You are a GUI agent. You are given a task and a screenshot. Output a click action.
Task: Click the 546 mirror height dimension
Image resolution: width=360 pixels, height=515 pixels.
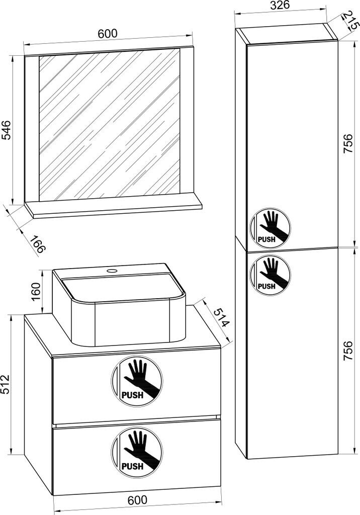pyautogui.click(x=7, y=130)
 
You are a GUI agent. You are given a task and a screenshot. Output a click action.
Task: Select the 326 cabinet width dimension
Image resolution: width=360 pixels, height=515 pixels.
pyautogui.click(x=280, y=5)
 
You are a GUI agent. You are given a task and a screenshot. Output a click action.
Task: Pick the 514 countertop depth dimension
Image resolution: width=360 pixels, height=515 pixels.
pyautogui.click(x=220, y=318)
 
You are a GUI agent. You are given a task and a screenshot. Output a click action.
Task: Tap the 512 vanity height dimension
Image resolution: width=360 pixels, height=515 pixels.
pyautogui.click(x=6, y=384)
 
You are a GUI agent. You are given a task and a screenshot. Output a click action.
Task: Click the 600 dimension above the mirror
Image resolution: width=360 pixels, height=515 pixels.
pyautogui.click(x=108, y=33)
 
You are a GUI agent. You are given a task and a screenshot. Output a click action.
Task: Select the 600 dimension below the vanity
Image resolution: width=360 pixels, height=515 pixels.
pyautogui.click(x=137, y=500)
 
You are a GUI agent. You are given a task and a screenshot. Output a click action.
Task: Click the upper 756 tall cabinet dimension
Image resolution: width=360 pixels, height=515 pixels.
pyautogui.click(x=347, y=143)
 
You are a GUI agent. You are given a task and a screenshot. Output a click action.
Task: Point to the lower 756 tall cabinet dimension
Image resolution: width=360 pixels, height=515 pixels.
pyautogui.click(x=347, y=351)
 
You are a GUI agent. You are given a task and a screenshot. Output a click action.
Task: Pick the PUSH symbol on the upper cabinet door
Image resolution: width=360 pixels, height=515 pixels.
pyautogui.click(x=270, y=227)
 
